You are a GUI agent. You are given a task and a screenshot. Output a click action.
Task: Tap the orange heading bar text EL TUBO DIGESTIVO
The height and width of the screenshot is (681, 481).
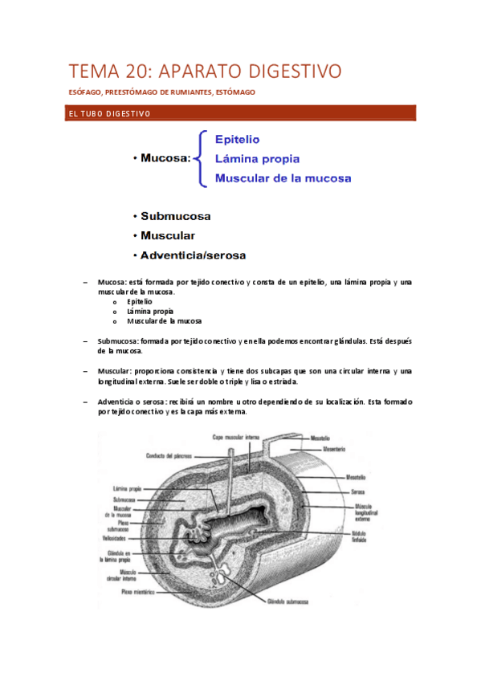point(108,114)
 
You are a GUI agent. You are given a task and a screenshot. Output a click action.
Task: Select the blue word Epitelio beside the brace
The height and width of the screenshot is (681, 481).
point(237,139)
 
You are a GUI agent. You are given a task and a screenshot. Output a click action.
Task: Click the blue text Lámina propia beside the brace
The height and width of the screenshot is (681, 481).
point(258,158)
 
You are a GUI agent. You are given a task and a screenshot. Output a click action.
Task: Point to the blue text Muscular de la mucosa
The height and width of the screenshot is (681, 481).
point(283,178)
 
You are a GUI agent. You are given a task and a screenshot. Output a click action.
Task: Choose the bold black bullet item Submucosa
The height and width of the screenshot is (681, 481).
point(175,216)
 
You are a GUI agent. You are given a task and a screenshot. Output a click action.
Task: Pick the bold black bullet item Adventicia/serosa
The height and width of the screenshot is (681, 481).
point(193,255)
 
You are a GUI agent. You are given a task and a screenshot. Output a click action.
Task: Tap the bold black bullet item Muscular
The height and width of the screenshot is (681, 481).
point(167,236)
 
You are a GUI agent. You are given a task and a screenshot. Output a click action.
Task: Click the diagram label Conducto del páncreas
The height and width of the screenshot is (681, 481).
point(171,456)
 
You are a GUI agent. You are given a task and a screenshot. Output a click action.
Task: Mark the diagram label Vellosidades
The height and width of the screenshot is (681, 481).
point(115,540)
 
